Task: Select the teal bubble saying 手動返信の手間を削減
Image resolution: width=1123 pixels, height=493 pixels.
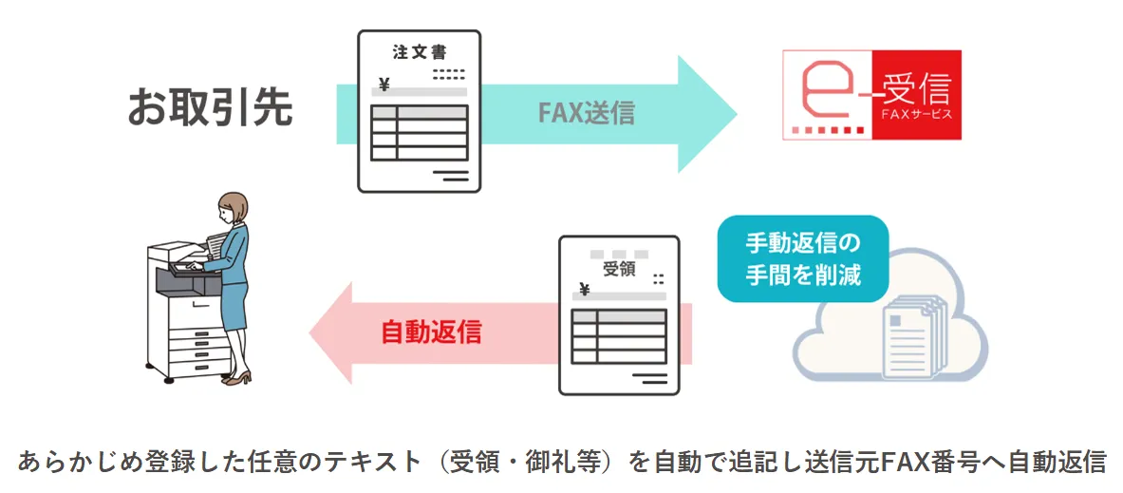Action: coord(802,258)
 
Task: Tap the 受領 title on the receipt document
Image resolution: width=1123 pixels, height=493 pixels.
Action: coord(618,269)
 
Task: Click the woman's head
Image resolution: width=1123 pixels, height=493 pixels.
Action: coord(233,205)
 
